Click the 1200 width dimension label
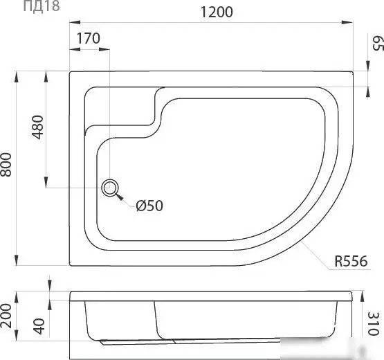pos(217,12)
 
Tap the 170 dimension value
pos(89,38)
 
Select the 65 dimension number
pos(377,43)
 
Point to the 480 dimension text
pos(38,127)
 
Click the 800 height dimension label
pos(6,165)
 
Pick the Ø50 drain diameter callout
pos(149,206)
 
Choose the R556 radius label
pos(351,261)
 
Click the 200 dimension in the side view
pos(6,316)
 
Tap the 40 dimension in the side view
pos(39,326)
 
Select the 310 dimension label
pos(374,323)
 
